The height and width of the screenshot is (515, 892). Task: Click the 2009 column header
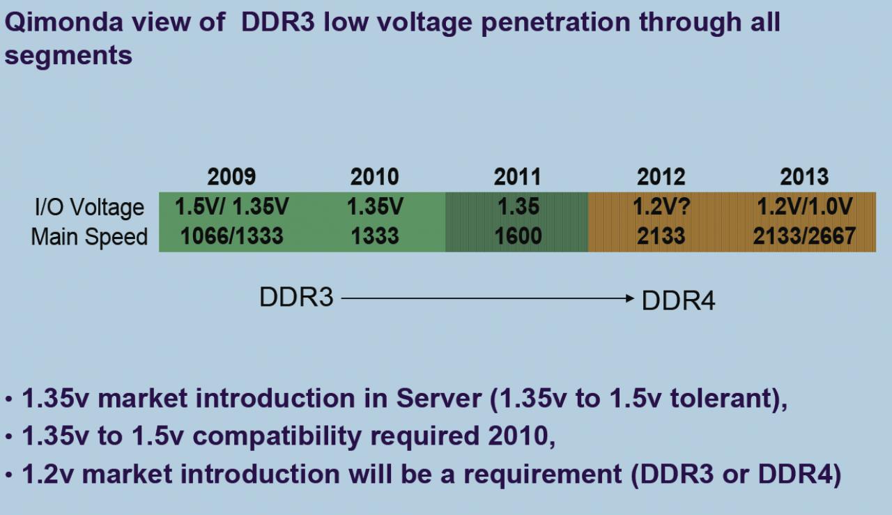coord(231,177)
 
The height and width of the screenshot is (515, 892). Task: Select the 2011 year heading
coord(517,177)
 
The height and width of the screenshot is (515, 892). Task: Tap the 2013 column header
coord(804,177)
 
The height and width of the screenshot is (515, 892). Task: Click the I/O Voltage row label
coord(89,207)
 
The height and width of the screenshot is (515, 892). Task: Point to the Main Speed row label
coord(89,236)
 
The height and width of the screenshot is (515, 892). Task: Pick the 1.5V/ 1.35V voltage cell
coord(232,206)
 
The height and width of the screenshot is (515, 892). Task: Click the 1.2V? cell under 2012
coord(661,206)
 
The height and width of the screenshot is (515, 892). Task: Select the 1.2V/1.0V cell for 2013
coord(804,206)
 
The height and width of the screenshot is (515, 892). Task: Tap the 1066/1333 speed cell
coord(232,236)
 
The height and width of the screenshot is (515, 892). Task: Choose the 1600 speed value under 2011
coord(518,236)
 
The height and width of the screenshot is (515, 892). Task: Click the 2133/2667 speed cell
coord(804,236)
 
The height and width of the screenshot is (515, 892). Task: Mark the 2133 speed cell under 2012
coord(661,236)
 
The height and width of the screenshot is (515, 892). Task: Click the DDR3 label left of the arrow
coord(296,297)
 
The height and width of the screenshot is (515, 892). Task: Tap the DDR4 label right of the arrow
coord(678,300)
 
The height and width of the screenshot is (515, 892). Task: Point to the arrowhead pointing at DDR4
coord(630,298)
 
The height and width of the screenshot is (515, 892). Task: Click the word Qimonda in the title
coord(63,22)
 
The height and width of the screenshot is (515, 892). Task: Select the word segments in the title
coord(68,55)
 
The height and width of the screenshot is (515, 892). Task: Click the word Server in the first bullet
coord(439,398)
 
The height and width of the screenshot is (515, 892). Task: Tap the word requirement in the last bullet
coord(542,474)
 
